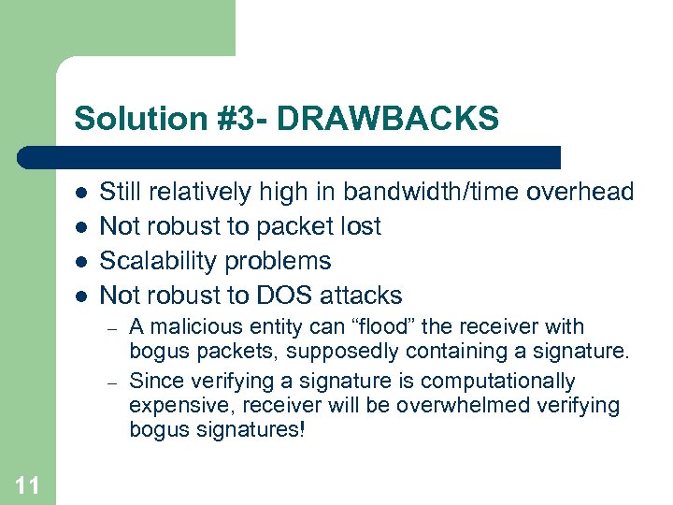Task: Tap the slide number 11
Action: click(27, 484)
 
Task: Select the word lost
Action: click(361, 226)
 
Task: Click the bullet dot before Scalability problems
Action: click(81, 261)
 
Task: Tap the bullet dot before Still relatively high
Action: click(81, 193)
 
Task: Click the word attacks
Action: click(361, 296)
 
